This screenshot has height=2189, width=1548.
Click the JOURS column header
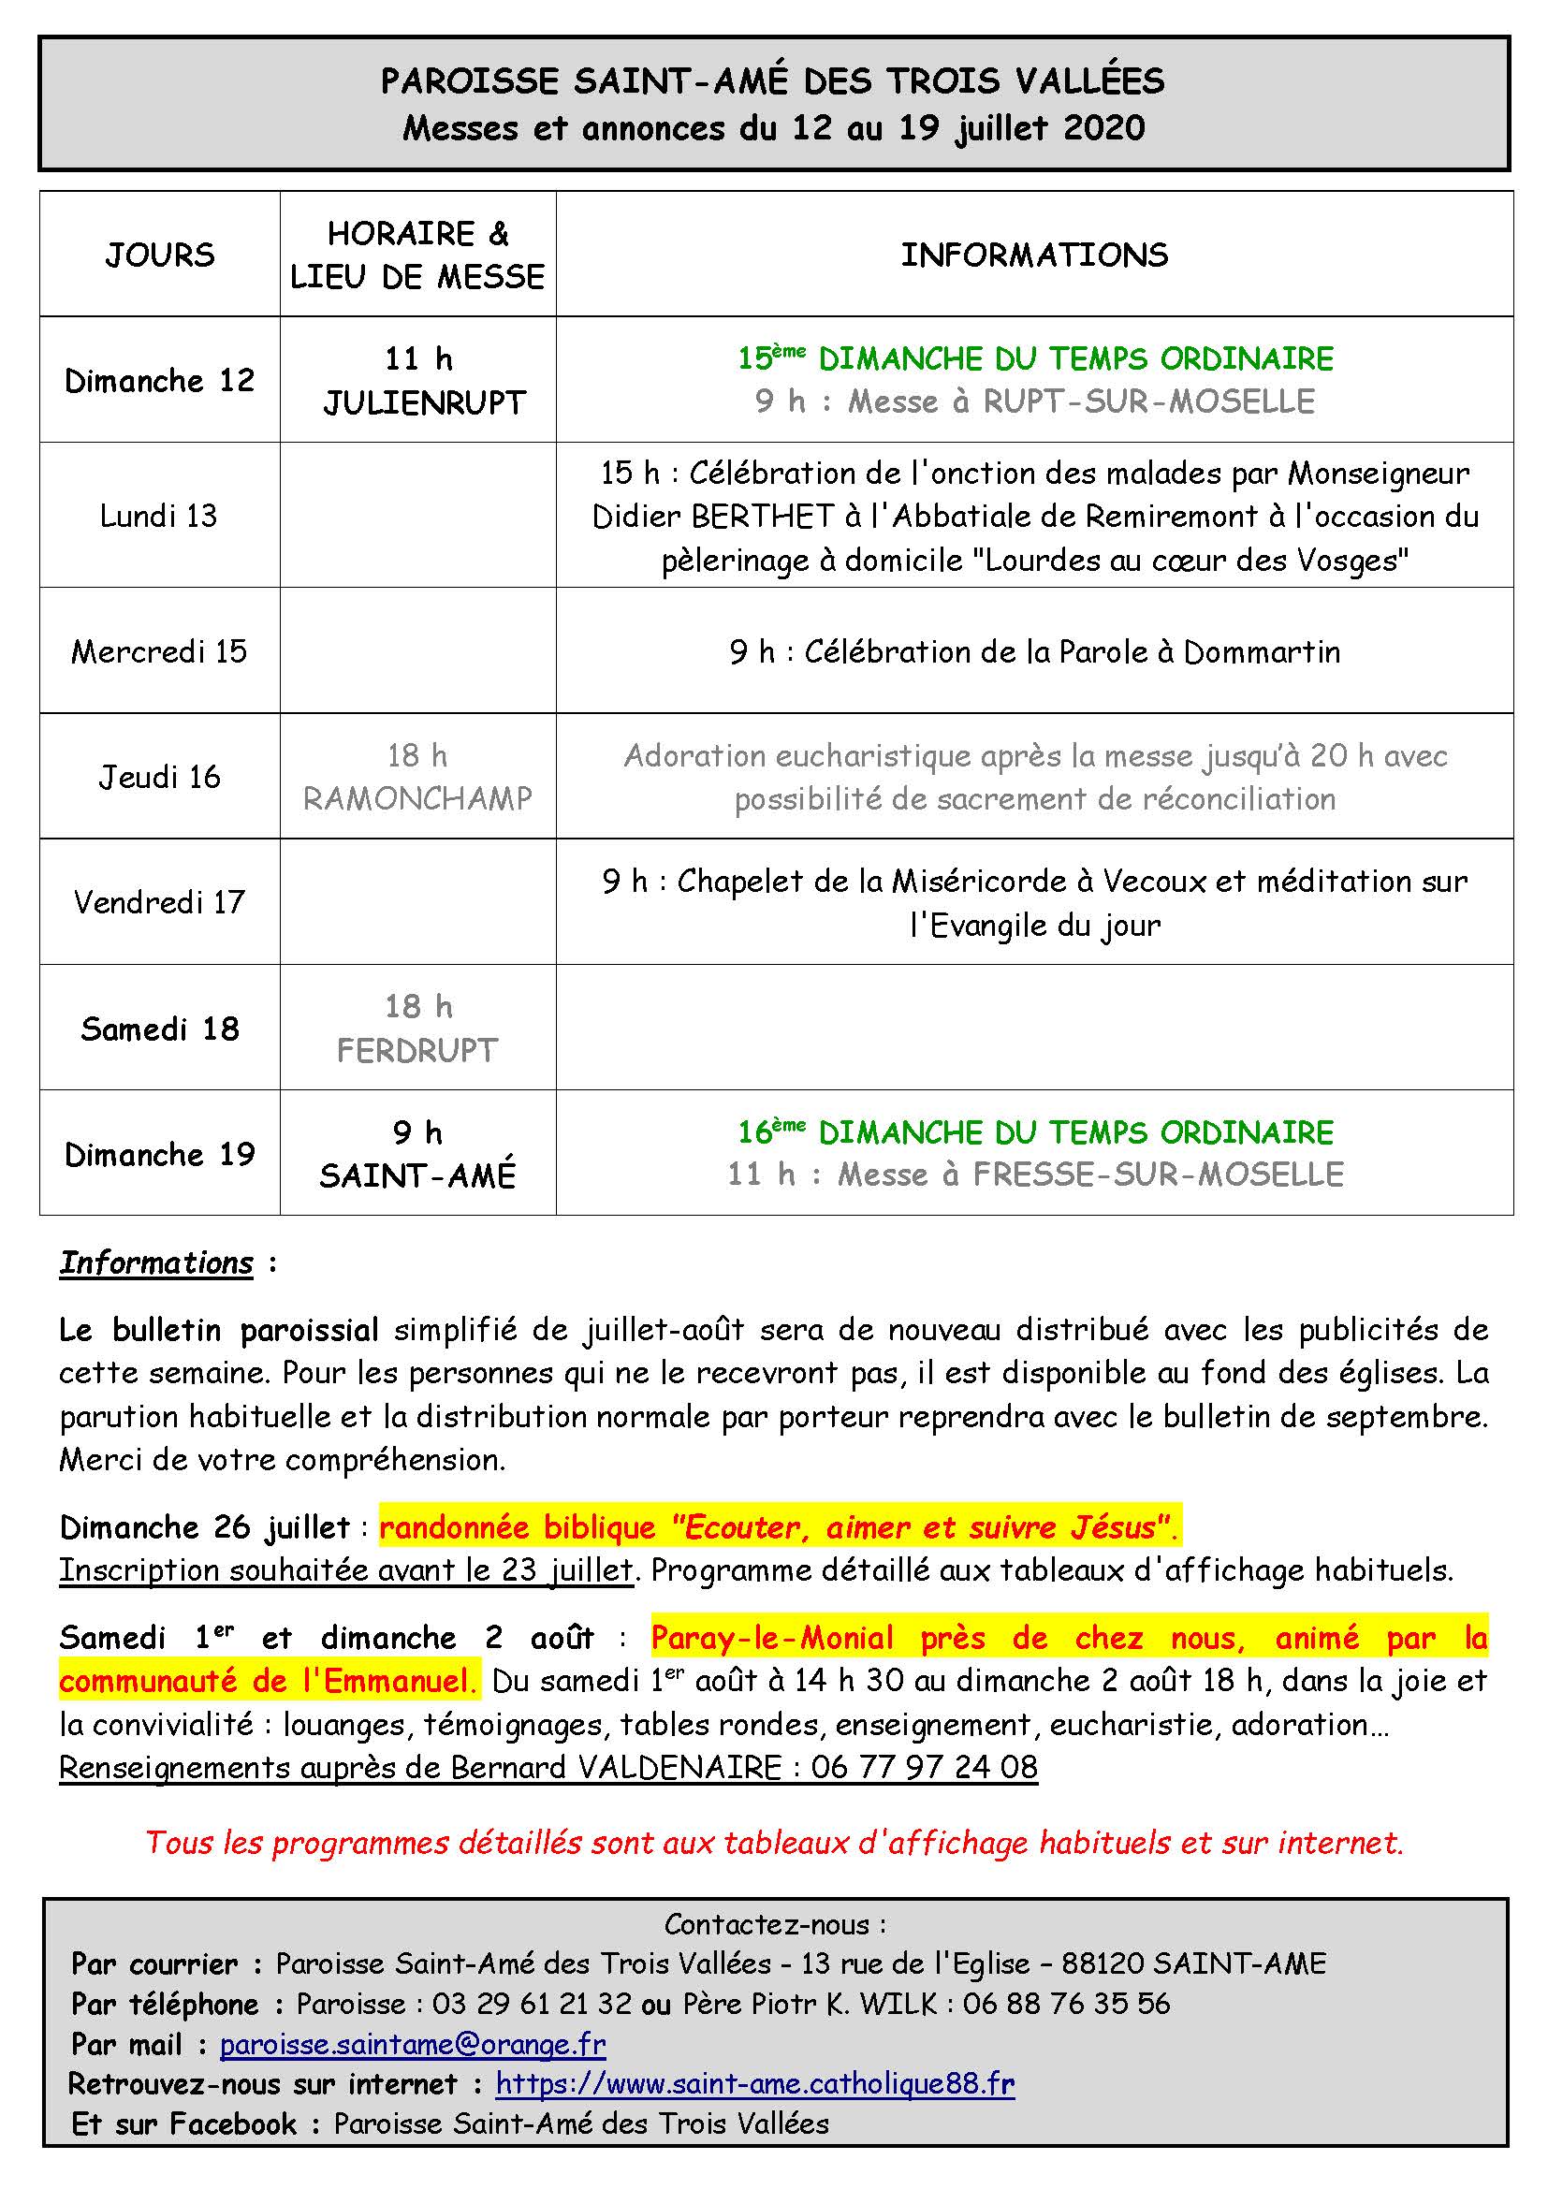pos(160,255)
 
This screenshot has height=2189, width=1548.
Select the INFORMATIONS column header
pos(1034,255)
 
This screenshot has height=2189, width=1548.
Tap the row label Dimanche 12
pos(159,381)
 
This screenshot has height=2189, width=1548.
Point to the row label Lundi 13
pos(159,516)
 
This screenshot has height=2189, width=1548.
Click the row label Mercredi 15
pos(159,652)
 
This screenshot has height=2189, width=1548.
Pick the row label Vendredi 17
pos(159,902)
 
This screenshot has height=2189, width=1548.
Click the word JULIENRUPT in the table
pos(424,403)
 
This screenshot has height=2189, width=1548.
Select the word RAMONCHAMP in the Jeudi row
pos(417,799)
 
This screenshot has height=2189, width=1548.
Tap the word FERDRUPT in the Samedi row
pos(417,1051)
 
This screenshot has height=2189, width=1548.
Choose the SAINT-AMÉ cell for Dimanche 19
pos(417,1175)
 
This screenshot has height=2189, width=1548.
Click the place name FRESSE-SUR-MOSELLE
pos(1157,1175)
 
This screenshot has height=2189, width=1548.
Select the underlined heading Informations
pos(156,1263)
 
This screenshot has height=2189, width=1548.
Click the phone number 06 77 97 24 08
pos(924,1768)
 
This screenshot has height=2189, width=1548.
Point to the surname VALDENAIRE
pos(679,1768)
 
